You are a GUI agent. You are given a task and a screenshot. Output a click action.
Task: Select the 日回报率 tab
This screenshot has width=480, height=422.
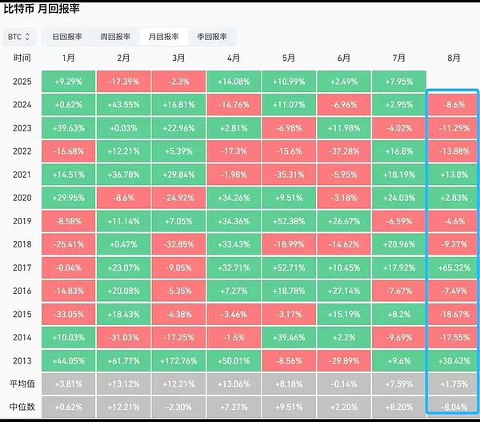click(x=68, y=37)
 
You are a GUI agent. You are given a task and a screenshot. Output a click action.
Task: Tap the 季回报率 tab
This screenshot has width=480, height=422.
click(x=211, y=37)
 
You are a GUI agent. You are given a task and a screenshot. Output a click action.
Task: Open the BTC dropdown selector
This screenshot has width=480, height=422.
click(x=20, y=37)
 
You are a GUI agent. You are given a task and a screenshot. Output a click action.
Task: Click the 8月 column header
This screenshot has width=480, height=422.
click(x=454, y=58)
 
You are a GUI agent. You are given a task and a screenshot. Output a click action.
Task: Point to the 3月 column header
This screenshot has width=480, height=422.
click(x=178, y=58)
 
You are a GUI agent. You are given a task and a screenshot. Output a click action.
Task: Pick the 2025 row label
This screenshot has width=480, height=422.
click(x=22, y=82)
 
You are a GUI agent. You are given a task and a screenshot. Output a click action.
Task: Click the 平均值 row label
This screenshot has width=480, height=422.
click(x=22, y=384)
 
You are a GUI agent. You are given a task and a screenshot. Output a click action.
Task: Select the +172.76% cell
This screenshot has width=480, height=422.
click(x=178, y=360)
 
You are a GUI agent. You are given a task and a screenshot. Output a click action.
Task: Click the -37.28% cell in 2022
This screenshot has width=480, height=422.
click(x=344, y=151)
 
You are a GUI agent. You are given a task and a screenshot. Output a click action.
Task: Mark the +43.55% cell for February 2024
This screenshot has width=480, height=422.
click(x=123, y=105)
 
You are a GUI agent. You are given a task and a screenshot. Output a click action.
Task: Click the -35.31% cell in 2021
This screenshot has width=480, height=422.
click(x=289, y=175)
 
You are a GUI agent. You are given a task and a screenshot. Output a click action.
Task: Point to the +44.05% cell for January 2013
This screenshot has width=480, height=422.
click(x=68, y=360)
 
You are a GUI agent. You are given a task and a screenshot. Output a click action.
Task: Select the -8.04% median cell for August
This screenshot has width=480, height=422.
click(x=454, y=407)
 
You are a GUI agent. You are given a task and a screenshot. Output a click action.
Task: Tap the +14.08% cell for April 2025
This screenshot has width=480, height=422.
click(x=234, y=82)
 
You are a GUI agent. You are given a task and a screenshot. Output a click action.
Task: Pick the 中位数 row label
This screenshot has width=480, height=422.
click(x=22, y=407)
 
